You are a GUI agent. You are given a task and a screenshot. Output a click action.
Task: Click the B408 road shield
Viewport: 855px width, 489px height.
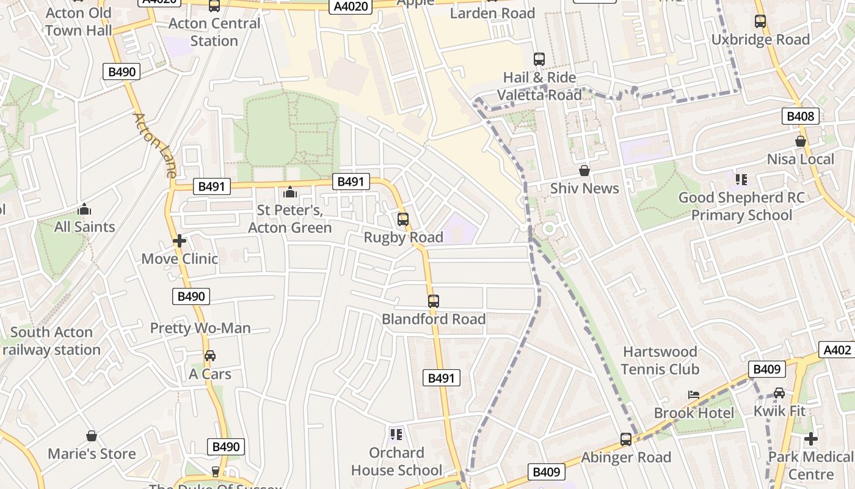coord(800,116)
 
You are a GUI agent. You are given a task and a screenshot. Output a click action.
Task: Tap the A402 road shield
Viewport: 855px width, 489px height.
coord(837,350)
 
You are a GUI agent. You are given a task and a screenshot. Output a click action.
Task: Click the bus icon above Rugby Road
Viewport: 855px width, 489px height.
coord(403,219)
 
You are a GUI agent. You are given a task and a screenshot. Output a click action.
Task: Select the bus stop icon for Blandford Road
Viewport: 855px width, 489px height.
coord(434,301)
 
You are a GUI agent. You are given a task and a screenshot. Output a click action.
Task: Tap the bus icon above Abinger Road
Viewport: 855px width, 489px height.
coord(626,439)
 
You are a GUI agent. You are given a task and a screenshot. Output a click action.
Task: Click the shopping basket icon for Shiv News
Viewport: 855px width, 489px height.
coord(584,171)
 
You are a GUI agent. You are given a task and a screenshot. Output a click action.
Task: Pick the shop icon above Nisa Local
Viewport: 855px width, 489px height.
coord(801,141)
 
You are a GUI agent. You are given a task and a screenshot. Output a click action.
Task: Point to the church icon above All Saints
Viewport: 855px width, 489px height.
coord(84,209)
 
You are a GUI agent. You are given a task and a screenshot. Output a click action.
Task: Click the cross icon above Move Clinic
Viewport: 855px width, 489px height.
coord(180,241)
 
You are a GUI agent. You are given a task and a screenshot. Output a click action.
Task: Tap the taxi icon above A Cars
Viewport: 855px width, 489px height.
coord(209,356)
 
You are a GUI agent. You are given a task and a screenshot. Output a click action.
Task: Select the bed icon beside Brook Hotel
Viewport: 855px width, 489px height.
coord(694,395)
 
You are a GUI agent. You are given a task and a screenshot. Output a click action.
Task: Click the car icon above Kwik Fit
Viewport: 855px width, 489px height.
coord(779,393)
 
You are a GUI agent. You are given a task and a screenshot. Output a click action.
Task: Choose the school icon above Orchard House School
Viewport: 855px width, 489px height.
coord(396,435)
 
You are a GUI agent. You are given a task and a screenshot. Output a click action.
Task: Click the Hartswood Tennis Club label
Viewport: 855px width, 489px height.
coord(660,361)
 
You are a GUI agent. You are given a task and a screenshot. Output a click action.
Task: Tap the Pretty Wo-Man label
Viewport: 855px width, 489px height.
coord(200,328)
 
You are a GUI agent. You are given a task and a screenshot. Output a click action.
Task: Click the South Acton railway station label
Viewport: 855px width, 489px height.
coord(51,341)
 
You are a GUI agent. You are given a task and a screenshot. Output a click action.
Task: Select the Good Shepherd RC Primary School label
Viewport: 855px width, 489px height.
coord(741,207)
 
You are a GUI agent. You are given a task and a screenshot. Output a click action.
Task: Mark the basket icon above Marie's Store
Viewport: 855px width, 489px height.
coord(92,436)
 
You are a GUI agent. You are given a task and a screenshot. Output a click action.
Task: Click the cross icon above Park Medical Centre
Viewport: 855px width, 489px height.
coord(811,439)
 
